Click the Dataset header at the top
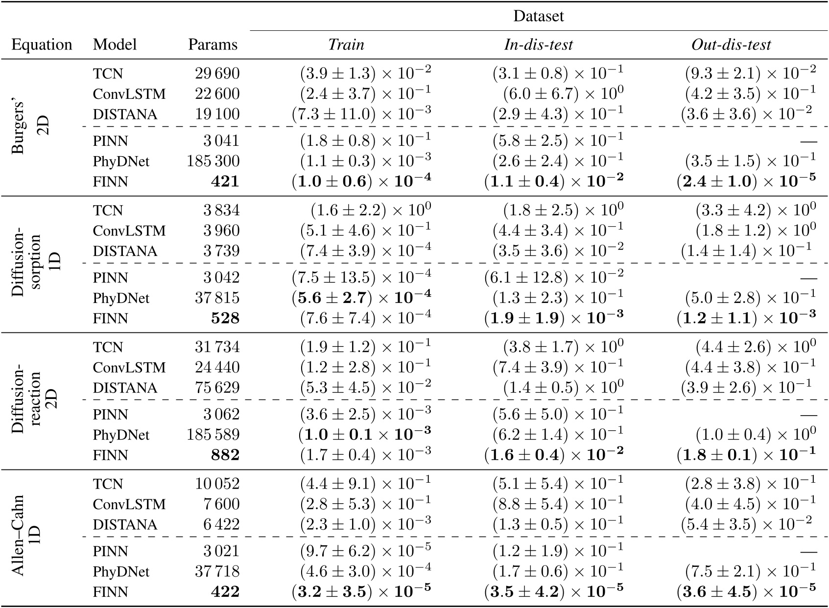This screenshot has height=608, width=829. click(538, 16)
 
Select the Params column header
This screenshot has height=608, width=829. click(213, 45)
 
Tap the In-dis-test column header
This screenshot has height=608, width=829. click(538, 45)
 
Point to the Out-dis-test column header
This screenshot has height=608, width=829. click(731, 45)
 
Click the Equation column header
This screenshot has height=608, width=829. click(42, 45)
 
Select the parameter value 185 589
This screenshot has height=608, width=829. click(213, 435)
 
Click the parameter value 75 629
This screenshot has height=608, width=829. click(217, 388)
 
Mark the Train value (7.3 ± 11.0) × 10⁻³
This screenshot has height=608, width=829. click(361, 114)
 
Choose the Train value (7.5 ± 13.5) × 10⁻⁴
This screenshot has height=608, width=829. click(361, 278)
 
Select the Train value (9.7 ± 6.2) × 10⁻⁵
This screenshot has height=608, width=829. click(365, 551)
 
